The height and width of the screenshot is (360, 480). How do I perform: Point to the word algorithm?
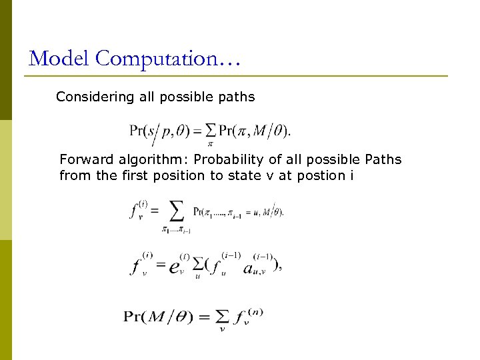[147, 160]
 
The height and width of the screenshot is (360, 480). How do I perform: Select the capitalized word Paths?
[383, 160]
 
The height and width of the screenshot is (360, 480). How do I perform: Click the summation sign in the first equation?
[211, 128]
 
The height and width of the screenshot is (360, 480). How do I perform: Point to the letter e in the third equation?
[174, 267]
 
